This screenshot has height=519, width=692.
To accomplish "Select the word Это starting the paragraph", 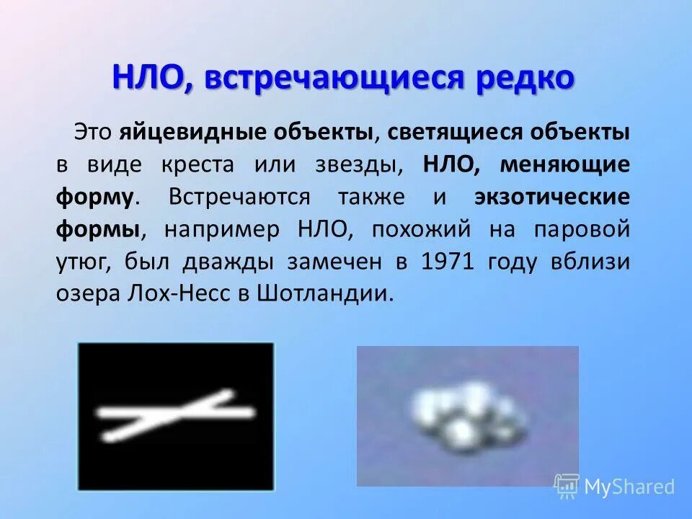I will click(92, 132).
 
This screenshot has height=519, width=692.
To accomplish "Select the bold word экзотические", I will click(552, 197).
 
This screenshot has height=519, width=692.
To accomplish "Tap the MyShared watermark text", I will click(629, 487).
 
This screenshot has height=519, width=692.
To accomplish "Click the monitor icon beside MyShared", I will click(567, 487).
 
